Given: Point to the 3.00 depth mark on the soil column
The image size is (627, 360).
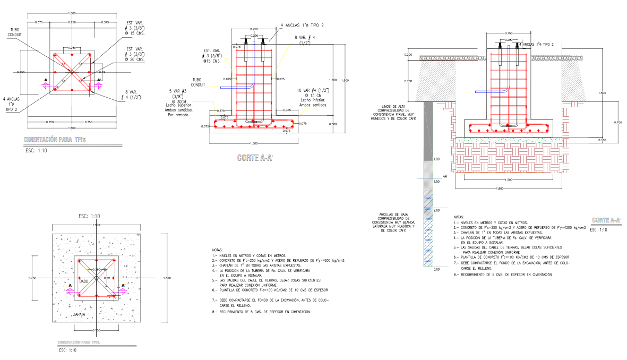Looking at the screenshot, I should coord(437,270).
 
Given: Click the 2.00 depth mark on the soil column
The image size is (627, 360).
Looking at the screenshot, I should coord(437,210).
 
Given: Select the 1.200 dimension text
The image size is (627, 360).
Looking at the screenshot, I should coord(333,73).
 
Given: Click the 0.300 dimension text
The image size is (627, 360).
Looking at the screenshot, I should coord(333,124).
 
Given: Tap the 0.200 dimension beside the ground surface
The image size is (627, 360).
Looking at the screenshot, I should coord(408,55).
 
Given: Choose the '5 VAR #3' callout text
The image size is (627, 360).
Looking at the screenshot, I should coord(176,91).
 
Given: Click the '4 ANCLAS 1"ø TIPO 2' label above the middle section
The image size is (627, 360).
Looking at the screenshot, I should coord(302,25).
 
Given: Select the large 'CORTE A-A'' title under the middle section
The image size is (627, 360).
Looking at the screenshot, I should coord(252,158).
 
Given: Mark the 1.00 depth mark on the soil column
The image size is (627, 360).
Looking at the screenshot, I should coord(437,159).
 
